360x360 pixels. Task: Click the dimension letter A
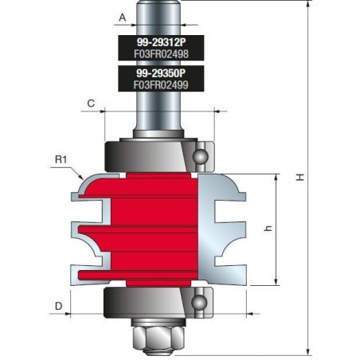click(122, 16)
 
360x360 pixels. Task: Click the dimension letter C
click(91, 104)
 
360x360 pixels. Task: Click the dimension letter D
click(58, 304)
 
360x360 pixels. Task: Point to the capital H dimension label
click(300, 178)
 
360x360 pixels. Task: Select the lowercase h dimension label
click(268, 229)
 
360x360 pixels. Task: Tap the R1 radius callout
click(61, 159)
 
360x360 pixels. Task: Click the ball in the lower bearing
click(199, 303)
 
